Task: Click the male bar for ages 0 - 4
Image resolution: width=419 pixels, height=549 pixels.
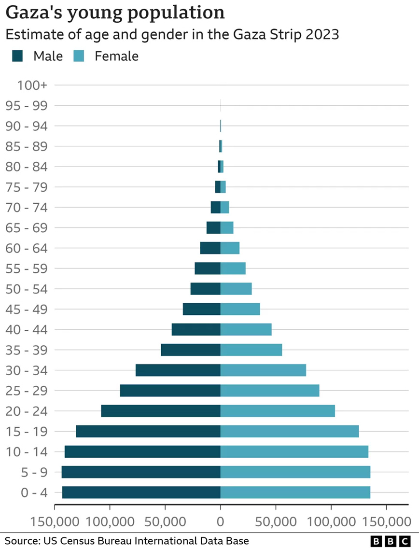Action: point(141,492)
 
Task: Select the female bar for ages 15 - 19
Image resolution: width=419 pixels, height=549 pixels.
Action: point(290,431)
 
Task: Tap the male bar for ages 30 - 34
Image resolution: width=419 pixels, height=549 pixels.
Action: point(178,370)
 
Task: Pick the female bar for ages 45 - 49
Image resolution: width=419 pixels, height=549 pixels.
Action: point(240,309)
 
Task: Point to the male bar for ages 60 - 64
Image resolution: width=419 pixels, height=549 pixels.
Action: point(210,248)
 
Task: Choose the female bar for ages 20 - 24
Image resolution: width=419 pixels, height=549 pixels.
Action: point(278,411)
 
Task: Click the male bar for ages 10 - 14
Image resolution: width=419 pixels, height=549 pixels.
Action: point(142,451)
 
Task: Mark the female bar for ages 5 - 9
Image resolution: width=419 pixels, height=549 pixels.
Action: point(295,472)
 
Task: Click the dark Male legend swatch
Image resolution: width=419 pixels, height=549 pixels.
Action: point(18,56)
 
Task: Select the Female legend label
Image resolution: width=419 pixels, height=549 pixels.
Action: point(116,56)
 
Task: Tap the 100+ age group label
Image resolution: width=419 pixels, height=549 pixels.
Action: point(32,85)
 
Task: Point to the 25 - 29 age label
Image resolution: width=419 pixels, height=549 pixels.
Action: point(27,391)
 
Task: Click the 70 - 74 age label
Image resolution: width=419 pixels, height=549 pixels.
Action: point(27,208)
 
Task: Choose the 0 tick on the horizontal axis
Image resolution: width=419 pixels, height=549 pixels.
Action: point(221,522)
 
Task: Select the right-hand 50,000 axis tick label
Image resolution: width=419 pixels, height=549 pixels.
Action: point(276,522)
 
